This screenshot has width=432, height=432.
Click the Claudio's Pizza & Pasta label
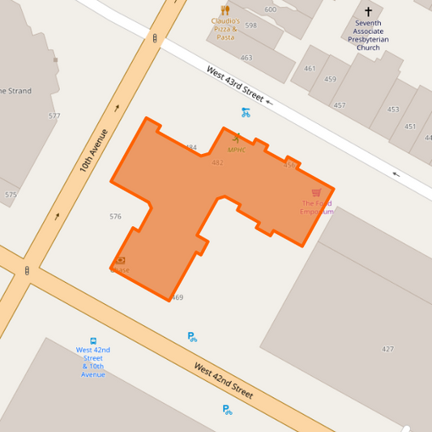pos(225,29)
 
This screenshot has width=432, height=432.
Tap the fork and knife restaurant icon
pos(225,11)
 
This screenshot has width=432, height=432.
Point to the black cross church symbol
pos(368,11)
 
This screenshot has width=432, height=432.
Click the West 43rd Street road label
pos(235,84)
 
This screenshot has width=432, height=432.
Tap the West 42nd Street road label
pos(223,381)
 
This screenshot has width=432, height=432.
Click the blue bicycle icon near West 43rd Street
pos(246,113)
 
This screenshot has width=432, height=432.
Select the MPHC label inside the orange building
pos(236,150)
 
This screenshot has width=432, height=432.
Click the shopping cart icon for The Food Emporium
pos(316,193)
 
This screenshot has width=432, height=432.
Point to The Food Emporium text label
pos(316,207)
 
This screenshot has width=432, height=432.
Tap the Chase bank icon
pos(121,260)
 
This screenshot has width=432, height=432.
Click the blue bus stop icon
pos(93,341)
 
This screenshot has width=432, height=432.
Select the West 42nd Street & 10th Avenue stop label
pos(93,361)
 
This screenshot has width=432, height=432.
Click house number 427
pos(387,349)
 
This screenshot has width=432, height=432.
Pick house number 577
pos(54,116)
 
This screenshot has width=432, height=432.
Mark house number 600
pos(270,10)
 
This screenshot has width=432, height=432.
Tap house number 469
pos(177,298)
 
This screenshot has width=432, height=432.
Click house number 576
pos(115,216)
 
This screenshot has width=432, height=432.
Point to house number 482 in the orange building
pos(217,163)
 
